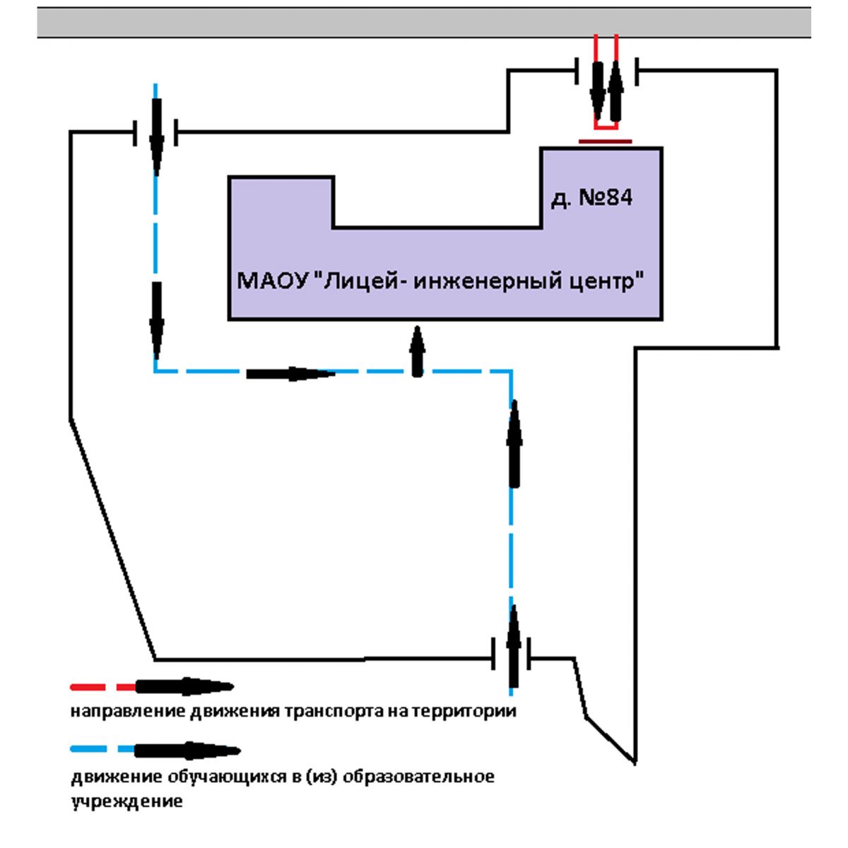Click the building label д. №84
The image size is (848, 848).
click(591, 198)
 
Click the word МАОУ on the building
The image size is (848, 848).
click(273, 281)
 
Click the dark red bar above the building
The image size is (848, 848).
click(605, 141)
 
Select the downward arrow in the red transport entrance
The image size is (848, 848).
click(598, 92)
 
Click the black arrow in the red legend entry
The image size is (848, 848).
click(184, 686)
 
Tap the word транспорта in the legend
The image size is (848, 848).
click(334, 711)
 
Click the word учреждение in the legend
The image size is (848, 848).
click(126, 802)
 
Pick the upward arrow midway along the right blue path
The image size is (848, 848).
click(514, 444)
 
